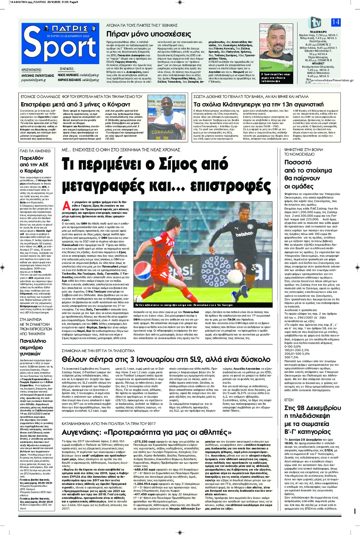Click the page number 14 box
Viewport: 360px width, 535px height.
point(336,22)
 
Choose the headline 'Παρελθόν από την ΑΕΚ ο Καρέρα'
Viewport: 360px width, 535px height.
point(34,164)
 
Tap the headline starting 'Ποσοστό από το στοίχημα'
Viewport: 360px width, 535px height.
point(303,174)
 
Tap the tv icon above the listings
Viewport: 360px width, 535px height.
point(314,22)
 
